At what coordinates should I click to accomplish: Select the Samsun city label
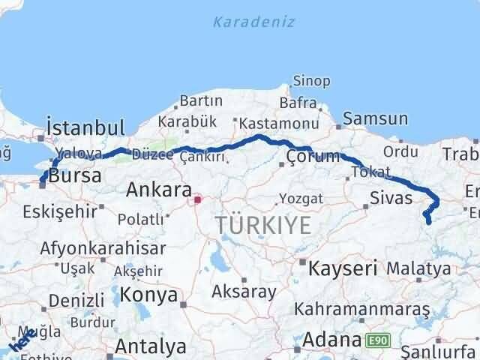[x=376, y=118]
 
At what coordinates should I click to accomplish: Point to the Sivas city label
[x=391, y=198]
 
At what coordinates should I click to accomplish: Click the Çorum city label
[x=308, y=156]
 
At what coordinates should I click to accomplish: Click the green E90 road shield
[x=377, y=341]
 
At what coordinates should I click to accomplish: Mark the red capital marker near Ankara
[x=197, y=199]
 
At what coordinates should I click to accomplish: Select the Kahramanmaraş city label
[x=361, y=309]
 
